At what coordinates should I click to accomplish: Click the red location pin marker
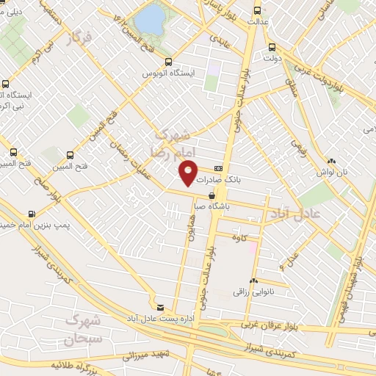click(x=189, y=173)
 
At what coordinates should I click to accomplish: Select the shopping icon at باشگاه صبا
click(x=212, y=196)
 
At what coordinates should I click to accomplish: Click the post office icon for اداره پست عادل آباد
click(x=161, y=307)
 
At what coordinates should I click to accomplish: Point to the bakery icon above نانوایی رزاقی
click(x=254, y=281)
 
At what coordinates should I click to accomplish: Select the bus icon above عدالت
click(x=257, y=10)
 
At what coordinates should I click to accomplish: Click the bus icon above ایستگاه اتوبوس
click(x=169, y=62)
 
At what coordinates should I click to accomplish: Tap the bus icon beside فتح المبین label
click(x=70, y=155)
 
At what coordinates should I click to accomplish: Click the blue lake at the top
click(x=151, y=20)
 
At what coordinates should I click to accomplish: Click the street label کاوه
click(x=237, y=239)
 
